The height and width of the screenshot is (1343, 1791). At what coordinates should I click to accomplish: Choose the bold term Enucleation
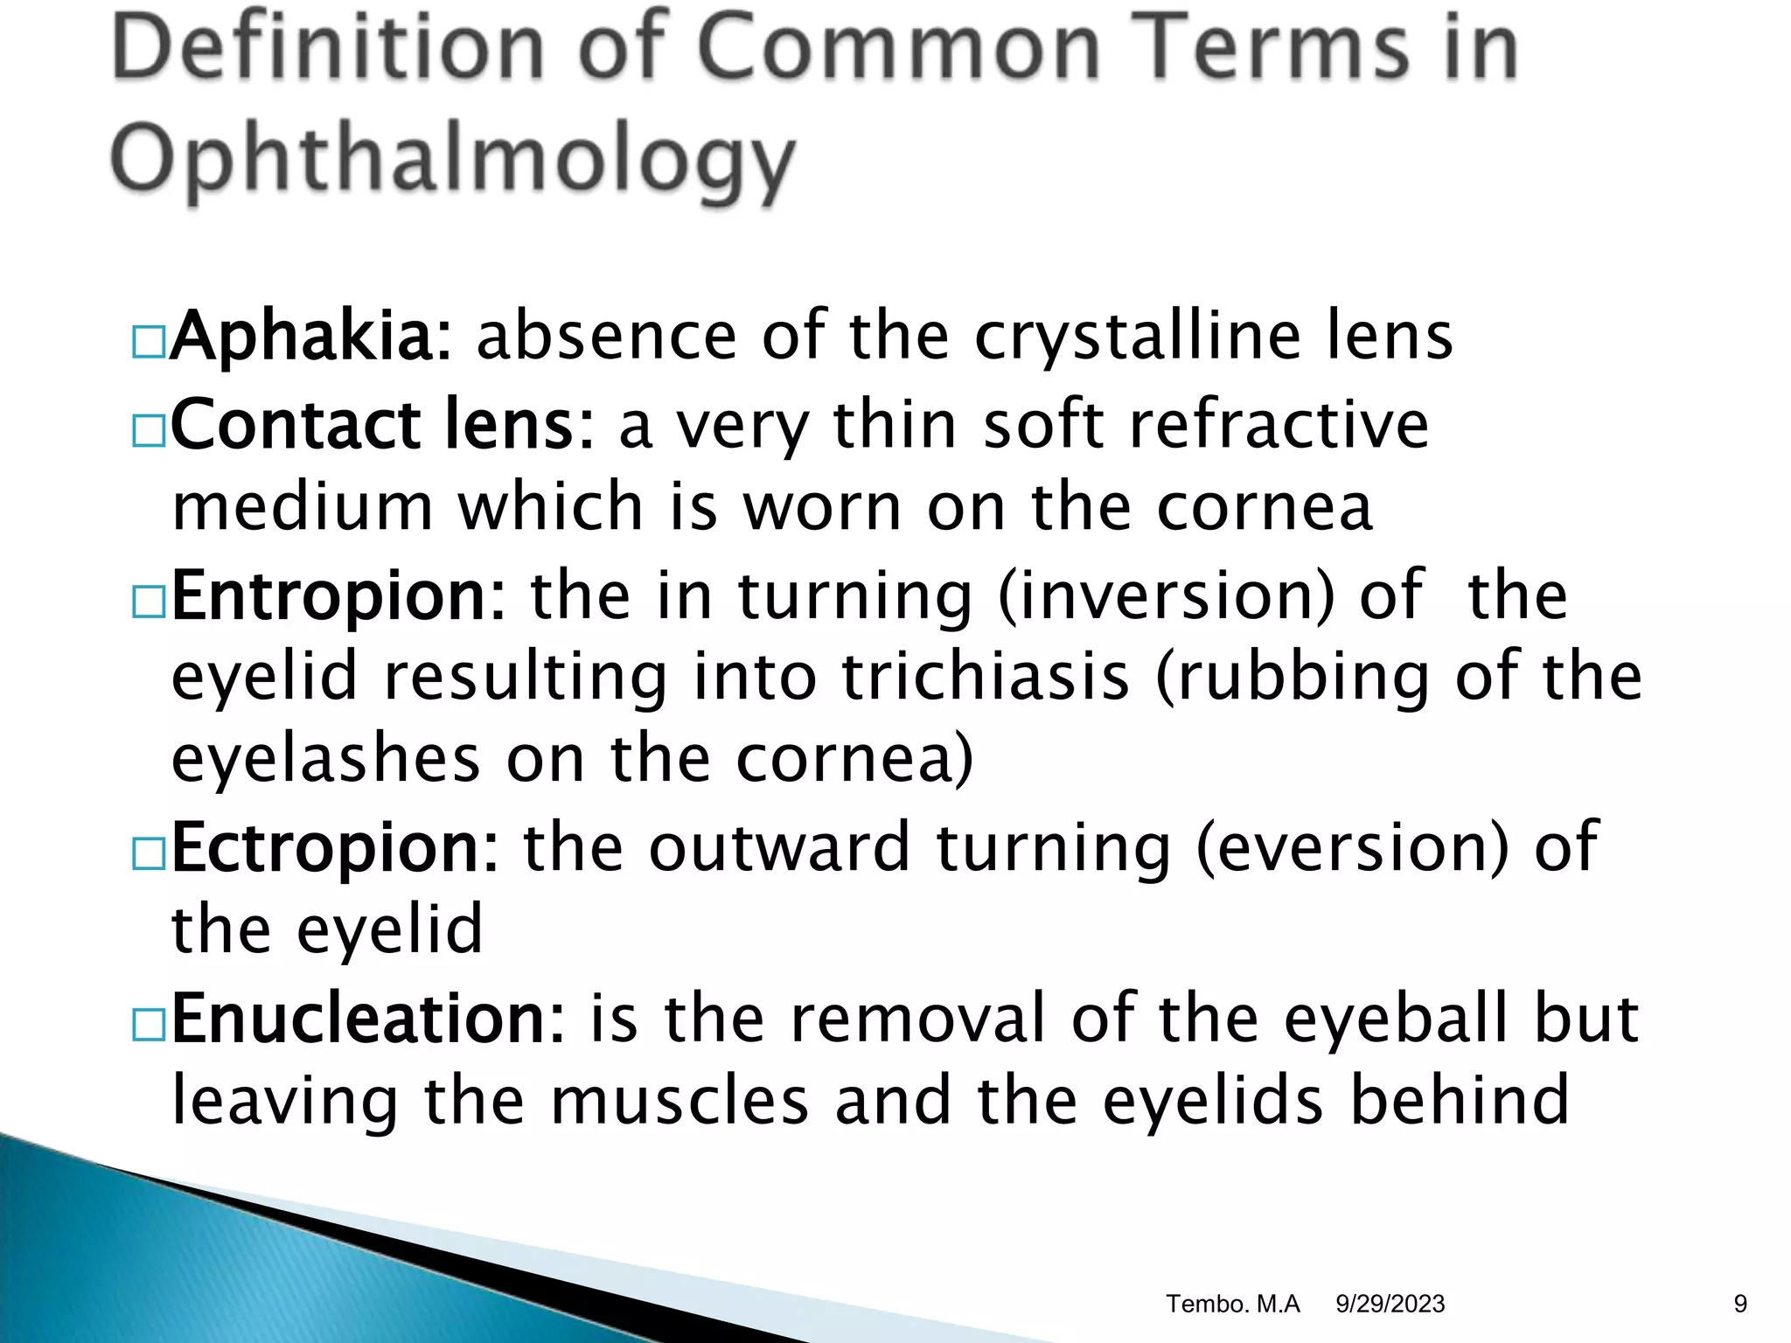click(x=368, y=1019)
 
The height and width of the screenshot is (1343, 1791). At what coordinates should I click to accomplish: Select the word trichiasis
click(x=986, y=678)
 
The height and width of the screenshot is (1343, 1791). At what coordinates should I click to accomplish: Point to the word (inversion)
click(x=1166, y=596)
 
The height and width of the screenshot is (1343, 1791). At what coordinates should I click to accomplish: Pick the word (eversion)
click(x=1352, y=848)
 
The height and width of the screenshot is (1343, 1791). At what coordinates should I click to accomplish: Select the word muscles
click(x=679, y=1102)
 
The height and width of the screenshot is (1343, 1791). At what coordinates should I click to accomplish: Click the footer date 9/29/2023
click(x=1390, y=1304)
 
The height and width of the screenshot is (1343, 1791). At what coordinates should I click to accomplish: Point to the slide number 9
click(x=1740, y=1304)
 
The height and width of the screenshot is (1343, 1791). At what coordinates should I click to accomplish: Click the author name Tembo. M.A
click(x=1233, y=1304)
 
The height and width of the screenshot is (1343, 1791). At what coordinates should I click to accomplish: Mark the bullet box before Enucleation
click(x=149, y=1025)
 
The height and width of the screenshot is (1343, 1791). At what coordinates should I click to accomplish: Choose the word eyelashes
click(x=325, y=759)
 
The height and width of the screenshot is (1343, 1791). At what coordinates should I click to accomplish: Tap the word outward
click(x=779, y=848)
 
